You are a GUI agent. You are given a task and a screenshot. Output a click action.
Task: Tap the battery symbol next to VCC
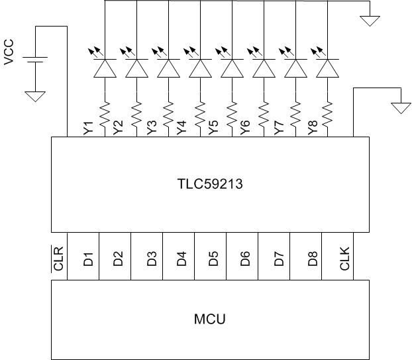pyautogui.click(x=34, y=61)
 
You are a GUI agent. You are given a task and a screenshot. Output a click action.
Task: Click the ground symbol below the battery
pyautogui.click(x=34, y=96)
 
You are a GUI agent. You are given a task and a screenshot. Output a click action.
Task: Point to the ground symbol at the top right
pyautogui.click(x=370, y=21)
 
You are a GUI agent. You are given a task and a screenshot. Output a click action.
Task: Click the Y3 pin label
pyautogui.click(x=152, y=129)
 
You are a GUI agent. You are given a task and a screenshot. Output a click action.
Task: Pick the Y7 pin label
pyautogui.click(x=279, y=129)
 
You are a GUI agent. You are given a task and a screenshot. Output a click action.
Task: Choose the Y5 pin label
pyautogui.click(x=215, y=129)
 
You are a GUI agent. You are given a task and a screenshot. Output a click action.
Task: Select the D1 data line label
pyautogui.click(x=88, y=259)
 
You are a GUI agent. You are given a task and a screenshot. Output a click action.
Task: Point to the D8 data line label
pyautogui.click(x=311, y=259)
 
